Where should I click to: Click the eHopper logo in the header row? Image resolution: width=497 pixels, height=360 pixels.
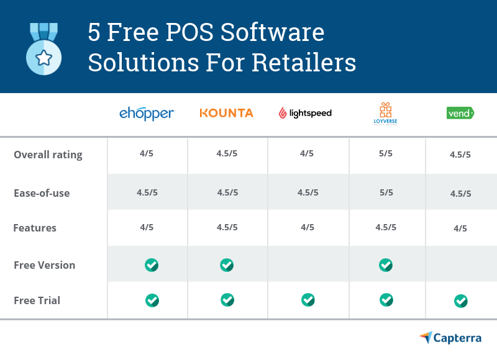(x=147, y=114)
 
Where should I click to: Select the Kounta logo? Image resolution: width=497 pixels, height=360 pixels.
(x=226, y=113)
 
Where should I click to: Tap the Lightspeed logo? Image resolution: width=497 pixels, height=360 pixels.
(x=305, y=113)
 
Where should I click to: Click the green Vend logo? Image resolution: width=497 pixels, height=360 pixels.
(x=460, y=113)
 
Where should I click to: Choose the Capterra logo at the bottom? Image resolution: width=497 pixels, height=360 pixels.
(x=450, y=338)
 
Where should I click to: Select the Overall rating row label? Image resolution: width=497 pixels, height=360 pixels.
(x=48, y=155)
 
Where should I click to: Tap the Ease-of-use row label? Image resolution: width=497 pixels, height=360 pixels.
(x=42, y=193)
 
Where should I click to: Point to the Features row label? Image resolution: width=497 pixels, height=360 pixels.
(x=35, y=228)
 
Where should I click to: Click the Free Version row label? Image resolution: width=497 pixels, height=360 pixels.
(x=44, y=265)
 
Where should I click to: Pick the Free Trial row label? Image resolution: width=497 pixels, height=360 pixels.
(x=37, y=300)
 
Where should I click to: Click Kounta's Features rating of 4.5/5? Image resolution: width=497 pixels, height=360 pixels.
(x=227, y=227)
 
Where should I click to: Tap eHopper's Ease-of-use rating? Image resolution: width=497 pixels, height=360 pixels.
(x=147, y=192)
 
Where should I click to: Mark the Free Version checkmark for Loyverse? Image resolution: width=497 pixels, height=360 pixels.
(x=386, y=265)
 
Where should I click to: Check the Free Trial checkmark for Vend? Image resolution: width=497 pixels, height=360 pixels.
(x=460, y=301)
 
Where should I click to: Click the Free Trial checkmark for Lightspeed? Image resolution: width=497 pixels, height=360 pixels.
(x=308, y=300)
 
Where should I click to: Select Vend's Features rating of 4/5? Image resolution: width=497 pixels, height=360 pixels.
(x=460, y=228)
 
